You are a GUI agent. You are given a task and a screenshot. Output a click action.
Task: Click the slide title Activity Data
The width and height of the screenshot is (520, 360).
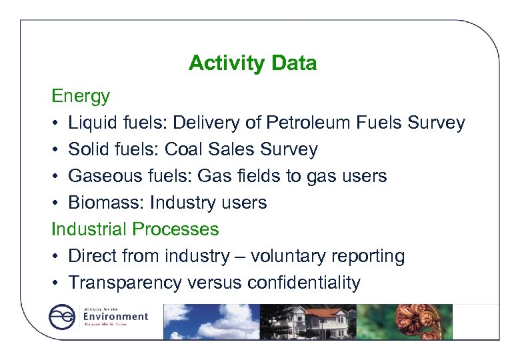click(252, 63)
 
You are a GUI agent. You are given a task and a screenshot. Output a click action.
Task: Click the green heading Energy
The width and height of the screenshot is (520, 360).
click(81, 96)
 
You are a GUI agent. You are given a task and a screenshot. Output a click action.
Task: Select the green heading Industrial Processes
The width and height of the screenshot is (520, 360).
click(135, 229)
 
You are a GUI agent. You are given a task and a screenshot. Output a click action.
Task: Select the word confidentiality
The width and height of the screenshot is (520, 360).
click(303, 283)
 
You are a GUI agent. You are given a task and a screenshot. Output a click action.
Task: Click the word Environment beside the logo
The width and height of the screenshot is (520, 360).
click(115, 316)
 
